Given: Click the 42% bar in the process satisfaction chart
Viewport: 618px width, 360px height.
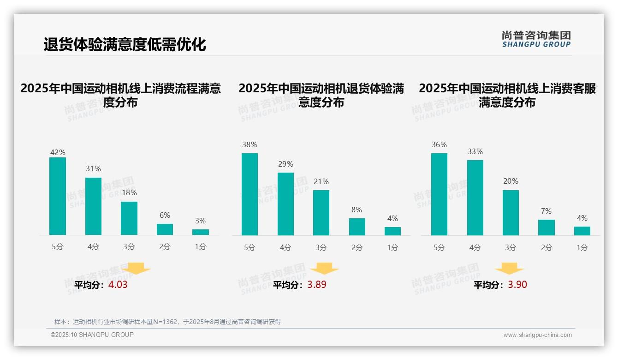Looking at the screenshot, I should coord(58,196).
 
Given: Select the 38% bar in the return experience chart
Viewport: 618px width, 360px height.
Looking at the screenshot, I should coord(250,194).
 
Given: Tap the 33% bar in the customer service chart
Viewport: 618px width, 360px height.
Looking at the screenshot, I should coord(475,198).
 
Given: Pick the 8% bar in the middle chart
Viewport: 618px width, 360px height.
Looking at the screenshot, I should coord(357,227).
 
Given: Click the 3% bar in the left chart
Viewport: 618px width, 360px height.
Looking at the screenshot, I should coord(201,232).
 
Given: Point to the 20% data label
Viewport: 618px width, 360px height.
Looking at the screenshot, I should coord(511,181).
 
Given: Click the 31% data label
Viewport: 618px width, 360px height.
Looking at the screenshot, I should coord(93,168).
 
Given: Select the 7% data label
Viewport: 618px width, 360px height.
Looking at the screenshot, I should coord(546,211).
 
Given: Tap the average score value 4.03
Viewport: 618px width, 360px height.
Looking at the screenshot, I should coord(118,285).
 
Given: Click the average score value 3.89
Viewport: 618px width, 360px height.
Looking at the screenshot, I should coord(317,285).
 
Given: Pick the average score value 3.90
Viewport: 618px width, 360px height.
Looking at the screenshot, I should coord(517,285).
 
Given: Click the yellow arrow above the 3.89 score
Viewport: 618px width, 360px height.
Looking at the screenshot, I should coord(324,269).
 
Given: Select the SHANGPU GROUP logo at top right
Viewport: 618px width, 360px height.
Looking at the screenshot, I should coord(536,39).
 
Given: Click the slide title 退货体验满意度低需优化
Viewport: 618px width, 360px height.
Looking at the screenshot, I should coord(125,45).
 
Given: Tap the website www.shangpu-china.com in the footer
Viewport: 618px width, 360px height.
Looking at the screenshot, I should coord(537,335).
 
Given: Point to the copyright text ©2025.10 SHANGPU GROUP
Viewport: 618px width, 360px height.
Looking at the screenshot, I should coord(92,335).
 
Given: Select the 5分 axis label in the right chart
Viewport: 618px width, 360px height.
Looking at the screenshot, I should coord(439,247).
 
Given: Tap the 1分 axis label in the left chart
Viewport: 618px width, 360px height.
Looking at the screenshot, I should coord(201,247).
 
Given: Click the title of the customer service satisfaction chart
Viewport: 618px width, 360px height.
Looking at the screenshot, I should coord(507,95).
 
